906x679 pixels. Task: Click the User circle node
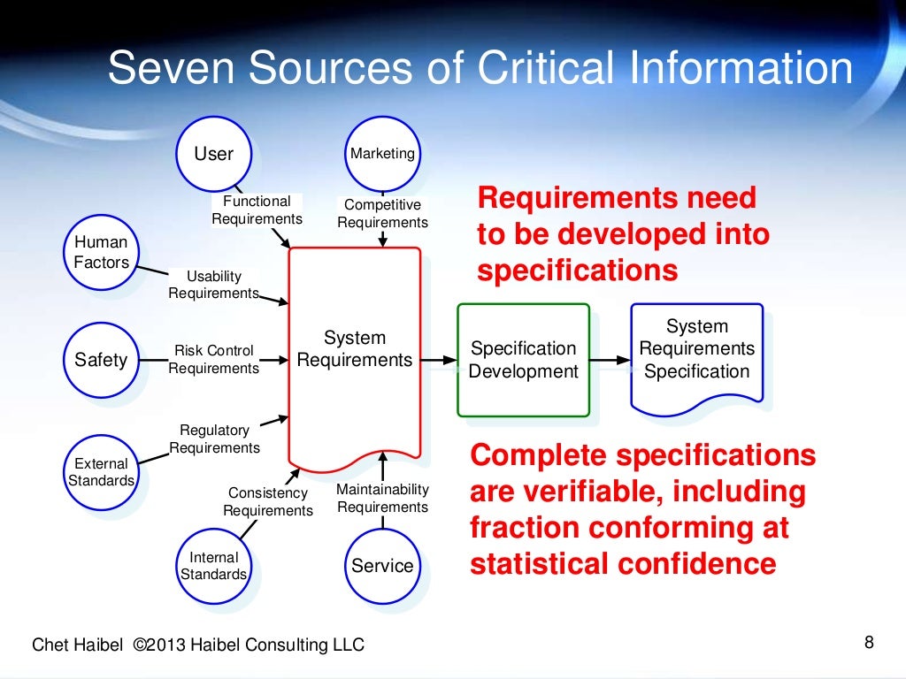213,154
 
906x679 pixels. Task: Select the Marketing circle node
382,154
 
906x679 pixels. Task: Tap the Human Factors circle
101,253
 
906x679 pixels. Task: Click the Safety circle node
101,360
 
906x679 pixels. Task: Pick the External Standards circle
101,472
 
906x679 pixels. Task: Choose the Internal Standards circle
213,566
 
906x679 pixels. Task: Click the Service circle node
382,566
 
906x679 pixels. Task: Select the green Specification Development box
523,360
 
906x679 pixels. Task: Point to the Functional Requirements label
257,210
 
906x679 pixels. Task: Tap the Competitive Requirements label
382,214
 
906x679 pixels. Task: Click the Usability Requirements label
213,285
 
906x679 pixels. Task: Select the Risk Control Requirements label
213,360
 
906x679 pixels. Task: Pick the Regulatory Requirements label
214,439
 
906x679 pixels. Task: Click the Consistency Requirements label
267,501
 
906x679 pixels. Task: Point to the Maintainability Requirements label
382,498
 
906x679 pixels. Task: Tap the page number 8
868,643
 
